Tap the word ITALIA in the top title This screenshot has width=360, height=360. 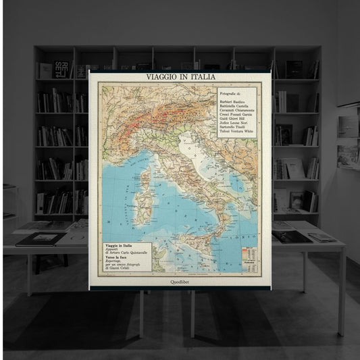[x=198, y=77]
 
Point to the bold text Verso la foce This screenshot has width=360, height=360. [x=117, y=257]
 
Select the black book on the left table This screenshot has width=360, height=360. [x=41, y=238]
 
